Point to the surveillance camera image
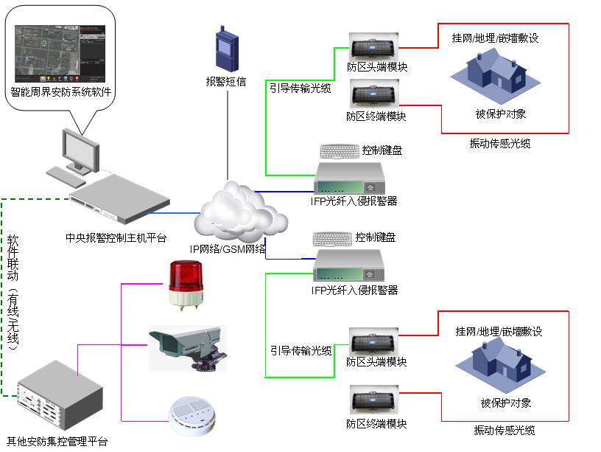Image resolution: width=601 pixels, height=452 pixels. coord(187,347)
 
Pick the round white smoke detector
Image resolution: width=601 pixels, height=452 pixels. coord(189,417)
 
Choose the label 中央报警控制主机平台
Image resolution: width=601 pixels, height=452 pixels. coord(116,238)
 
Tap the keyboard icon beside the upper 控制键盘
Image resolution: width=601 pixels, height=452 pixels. coord(340,151)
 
